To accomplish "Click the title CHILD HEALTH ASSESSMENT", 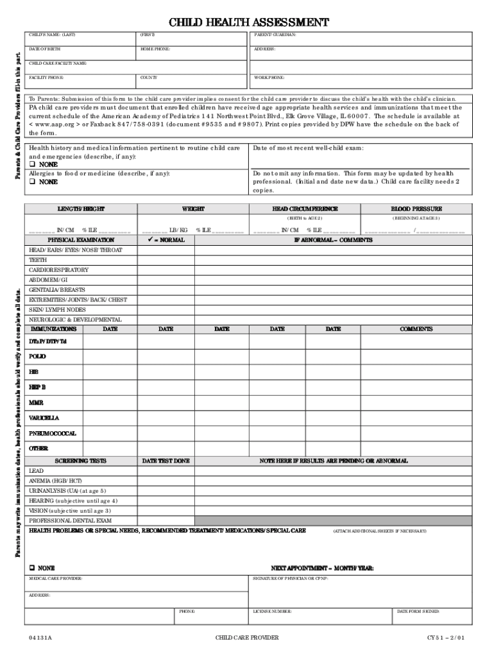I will point(248,23).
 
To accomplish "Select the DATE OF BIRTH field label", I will point(44,49).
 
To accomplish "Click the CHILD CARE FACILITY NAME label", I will point(58,64).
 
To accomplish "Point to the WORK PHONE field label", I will point(269,78).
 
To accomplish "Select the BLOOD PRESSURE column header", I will point(416,209).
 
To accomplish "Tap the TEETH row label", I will point(38,260).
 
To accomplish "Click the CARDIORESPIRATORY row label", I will point(59,270).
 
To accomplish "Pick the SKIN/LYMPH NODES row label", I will point(57,309).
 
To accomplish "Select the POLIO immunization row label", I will point(37,356).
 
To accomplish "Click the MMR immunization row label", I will point(36,403).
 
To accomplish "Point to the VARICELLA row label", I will point(44,418).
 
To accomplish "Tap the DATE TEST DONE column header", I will point(166,461).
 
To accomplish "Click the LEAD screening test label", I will point(37,471).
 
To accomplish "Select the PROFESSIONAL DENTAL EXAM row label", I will point(71,520).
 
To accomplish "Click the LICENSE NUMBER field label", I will point(273,611).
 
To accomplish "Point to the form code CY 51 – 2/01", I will point(446,638).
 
